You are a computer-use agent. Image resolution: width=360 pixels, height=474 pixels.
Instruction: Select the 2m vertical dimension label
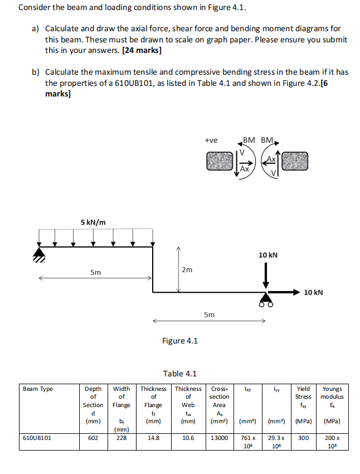[187, 269]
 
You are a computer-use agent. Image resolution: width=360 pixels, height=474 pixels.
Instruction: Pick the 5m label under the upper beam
[96, 272]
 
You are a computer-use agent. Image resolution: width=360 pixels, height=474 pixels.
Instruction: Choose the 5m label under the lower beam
[209, 315]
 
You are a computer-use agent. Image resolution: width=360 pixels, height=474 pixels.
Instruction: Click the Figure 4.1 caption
[179, 341]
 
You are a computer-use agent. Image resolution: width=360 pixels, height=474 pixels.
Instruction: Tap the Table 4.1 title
[179, 374]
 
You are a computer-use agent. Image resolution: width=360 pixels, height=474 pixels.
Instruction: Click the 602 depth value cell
[93, 438]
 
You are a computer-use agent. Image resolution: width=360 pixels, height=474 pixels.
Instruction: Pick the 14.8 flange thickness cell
[153, 438]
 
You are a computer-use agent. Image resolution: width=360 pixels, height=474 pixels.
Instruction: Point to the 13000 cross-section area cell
[219, 438]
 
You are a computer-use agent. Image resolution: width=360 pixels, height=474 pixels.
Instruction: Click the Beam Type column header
[38, 389]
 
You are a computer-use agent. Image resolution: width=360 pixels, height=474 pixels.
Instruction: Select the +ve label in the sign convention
[211, 141]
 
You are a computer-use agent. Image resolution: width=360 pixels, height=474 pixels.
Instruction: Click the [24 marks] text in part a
[142, 50]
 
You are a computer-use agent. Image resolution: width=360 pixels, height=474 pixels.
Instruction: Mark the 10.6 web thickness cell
[188, 438]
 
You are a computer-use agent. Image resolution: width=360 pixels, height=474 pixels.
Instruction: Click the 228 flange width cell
[121, 438]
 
